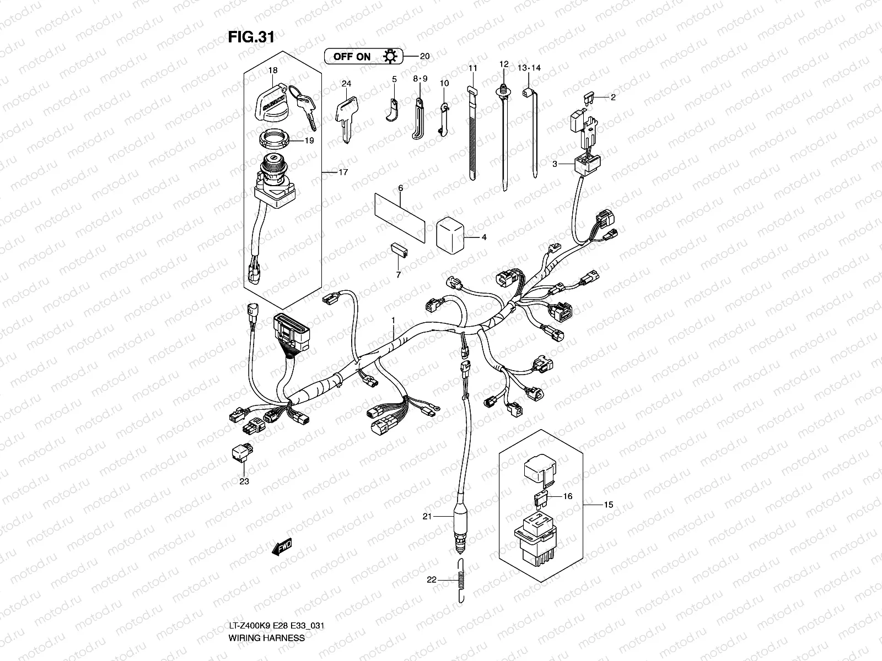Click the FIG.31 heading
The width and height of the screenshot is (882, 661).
point(250,37)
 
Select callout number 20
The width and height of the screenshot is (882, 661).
point(424,56)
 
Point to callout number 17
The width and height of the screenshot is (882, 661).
point(343,172)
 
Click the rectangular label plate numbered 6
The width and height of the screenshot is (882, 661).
point(400,216)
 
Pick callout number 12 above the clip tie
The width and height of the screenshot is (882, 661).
point(503,64)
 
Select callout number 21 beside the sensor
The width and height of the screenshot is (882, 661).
point(426,516)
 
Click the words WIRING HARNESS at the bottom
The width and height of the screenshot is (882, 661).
point(267,638)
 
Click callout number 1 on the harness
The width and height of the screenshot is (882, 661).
point(393,320)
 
